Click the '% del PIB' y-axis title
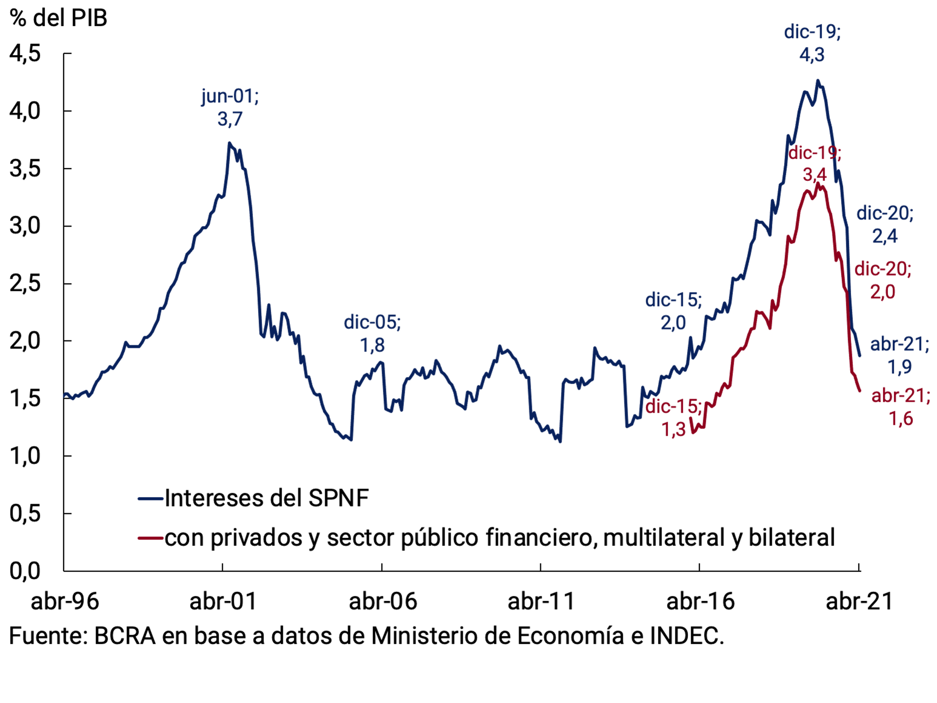58,18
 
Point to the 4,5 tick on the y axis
25,54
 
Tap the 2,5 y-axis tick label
25,283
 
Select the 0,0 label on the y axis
25,571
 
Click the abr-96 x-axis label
65,601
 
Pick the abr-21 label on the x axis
860,601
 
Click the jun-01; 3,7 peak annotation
230,108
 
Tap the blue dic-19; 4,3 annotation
812,43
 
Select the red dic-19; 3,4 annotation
815,163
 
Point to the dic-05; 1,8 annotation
372,334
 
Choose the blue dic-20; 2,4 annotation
885,224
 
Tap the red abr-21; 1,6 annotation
900,407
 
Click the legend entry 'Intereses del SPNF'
266,498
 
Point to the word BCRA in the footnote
125,635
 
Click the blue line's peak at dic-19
818,81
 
